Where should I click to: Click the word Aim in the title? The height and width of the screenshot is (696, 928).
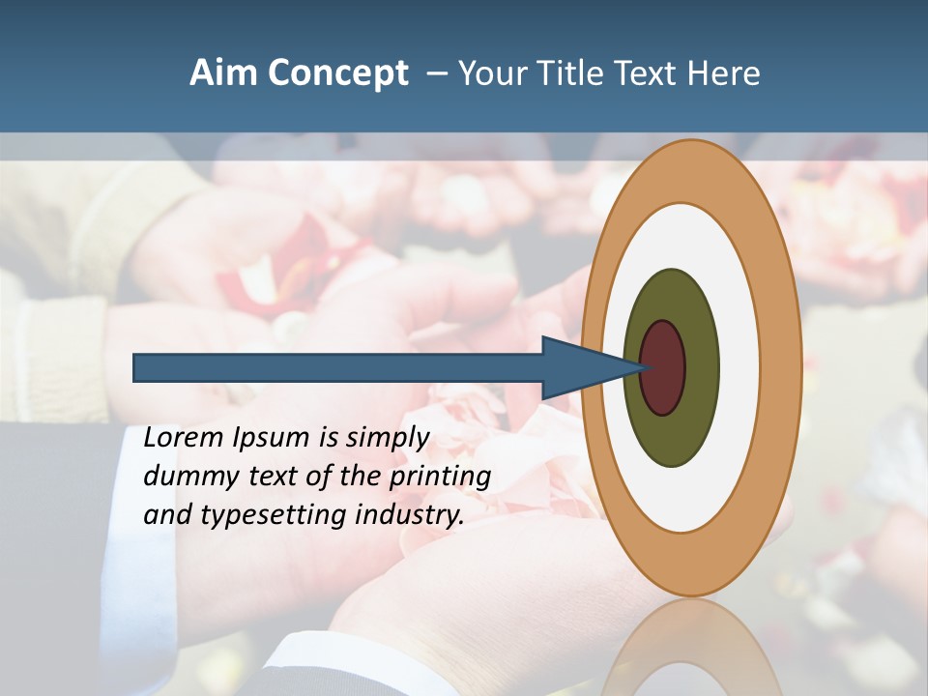click(223, 73)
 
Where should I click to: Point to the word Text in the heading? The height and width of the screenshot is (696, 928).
click(649, 73)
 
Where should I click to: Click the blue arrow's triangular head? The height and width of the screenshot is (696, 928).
click(580, 367)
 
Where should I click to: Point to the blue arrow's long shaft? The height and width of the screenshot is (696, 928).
click(338, 367)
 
